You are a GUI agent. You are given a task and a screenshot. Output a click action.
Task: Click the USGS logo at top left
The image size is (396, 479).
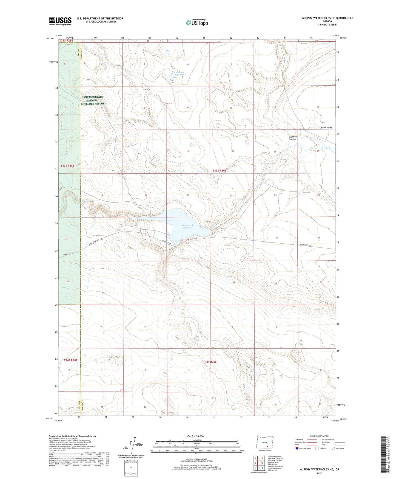tap(60, 21)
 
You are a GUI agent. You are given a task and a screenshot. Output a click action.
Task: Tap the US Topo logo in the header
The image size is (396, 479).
tap(197, 22)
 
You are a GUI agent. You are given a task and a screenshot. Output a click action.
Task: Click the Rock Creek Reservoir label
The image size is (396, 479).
tap(188, 227)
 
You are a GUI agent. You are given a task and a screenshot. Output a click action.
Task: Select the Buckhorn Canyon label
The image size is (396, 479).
tap(293, 138)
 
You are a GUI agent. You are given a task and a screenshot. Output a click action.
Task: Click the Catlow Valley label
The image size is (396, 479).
tap(326, 128)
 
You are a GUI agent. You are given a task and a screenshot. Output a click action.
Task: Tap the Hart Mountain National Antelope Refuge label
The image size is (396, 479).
tap(92, 100)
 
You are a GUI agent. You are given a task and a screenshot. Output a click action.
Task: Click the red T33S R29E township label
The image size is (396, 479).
tap(220, 171)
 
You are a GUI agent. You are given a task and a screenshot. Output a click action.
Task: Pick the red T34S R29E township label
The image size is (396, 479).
tap(210, 362)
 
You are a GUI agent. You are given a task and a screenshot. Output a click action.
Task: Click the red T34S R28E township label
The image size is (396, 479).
tap(71, 360)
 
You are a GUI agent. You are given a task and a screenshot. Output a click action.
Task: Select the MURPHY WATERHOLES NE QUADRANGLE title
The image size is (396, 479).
tap(327, 18)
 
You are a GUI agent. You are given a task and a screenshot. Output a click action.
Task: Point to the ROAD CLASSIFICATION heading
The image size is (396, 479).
tap(319, 436)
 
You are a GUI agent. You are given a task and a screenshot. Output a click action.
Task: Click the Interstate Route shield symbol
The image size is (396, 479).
tap(297, 448)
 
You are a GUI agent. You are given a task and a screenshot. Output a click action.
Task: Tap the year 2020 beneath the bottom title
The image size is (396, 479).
tap(319, 473)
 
